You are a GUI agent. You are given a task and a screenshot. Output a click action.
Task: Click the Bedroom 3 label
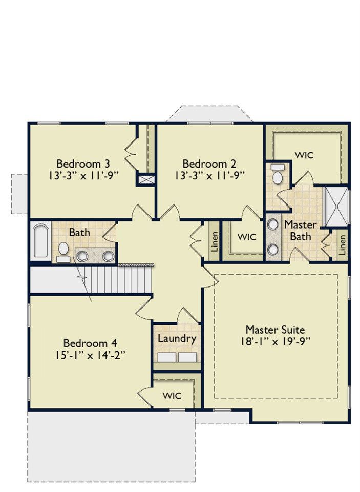click(x=83, y=163)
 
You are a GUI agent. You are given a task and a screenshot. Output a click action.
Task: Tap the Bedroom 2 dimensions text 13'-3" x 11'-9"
click(x=209, y=175)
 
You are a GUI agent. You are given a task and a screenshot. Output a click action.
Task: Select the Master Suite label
click(x=275, y=330)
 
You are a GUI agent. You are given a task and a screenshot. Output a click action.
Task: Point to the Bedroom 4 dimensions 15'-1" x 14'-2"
click(x=90, y=355)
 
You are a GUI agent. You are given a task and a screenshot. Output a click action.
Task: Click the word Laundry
click(x=177, y=339)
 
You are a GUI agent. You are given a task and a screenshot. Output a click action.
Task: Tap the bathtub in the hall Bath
click(x=41, y=240)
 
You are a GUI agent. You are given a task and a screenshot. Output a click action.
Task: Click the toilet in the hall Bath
click(x=63, y=252)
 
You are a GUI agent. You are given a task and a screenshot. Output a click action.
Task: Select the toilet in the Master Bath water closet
click(x=277, y=174)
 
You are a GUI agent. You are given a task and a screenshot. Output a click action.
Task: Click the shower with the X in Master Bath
click(x=336, y=207)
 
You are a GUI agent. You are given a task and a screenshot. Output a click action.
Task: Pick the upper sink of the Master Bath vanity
click(x=273, y=224)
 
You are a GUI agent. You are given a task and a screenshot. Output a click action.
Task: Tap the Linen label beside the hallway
click(x=215, y=242)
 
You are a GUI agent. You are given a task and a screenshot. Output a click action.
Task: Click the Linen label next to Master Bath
click(x=343, y=245)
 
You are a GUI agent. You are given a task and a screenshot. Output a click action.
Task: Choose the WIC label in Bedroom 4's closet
click(x=172, y=396)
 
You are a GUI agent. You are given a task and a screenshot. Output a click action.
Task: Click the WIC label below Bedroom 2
click(x=247, y=237)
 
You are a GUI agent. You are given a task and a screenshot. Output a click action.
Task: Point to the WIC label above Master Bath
click(x=304, y=155)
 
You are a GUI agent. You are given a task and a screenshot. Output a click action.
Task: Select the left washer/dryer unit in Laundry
click(x=166, y=357)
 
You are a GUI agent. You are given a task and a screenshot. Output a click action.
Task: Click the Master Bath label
click(x=301, y=230)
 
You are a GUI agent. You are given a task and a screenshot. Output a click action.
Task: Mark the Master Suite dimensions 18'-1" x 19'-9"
click(x=276, y=341)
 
